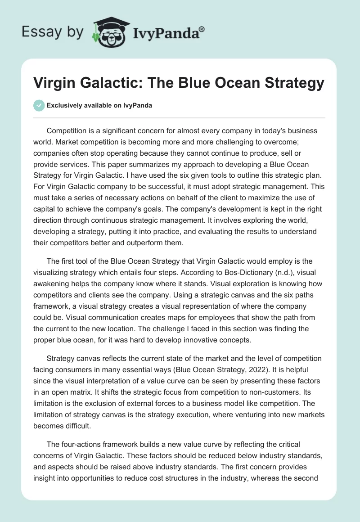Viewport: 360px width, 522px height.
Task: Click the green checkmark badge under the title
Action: (x=39, y=105)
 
